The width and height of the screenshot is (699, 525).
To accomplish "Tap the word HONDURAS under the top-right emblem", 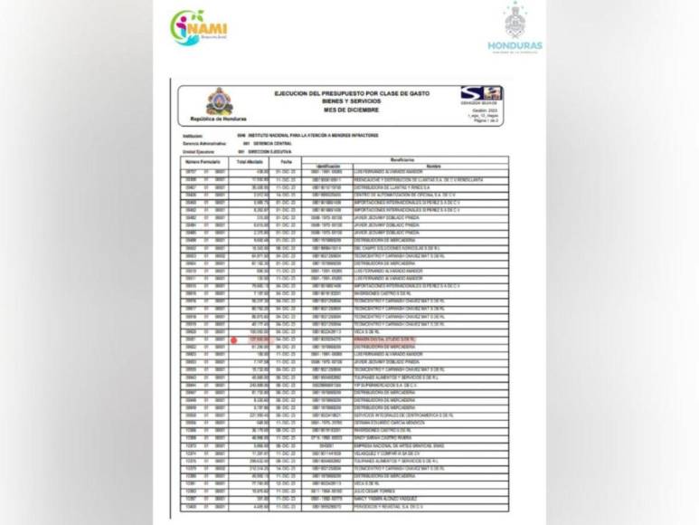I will (x=515, y=45).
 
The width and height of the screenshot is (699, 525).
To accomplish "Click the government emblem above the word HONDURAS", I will (x=515, y=21).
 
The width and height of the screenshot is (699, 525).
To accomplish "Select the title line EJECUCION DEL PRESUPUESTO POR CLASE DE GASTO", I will (x=352, y=93).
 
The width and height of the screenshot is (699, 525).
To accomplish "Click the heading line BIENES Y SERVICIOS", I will (x=353, y=101).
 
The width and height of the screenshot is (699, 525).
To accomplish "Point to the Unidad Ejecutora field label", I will (x=199, y=150).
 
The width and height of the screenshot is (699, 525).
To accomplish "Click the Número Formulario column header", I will (x=203, y=161).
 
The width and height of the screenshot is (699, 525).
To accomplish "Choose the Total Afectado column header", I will (x=249, y=161).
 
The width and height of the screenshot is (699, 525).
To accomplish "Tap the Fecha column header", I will (x=286, y=161).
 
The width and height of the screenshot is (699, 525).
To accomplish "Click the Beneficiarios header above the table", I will (x=403, y=158).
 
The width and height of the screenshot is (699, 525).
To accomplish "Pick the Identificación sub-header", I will (x=328, y=167).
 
